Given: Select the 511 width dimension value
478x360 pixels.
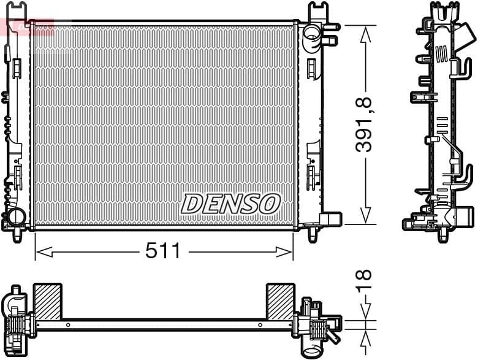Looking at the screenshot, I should point(163,251).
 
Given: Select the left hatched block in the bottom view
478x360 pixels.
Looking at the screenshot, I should point(47,301).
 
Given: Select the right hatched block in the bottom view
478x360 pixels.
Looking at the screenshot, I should point(280,301).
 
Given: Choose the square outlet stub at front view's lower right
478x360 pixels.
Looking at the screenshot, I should point(331,219).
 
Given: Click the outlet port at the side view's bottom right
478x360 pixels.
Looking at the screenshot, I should point(464,216).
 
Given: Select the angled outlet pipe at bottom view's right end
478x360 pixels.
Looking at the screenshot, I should point(332,338).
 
